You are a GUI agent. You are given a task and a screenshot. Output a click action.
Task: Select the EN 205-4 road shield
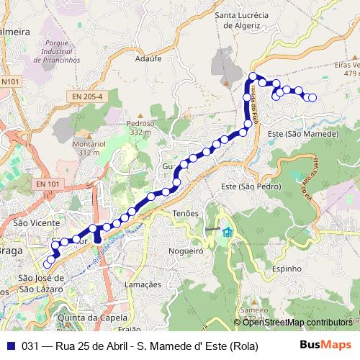coord(87,96)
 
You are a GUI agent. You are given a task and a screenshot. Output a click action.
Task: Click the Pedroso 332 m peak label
coord(140,127)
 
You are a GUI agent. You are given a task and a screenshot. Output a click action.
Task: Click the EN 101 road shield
coord(48,184)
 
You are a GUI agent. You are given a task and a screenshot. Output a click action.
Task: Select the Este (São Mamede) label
coord(302,135)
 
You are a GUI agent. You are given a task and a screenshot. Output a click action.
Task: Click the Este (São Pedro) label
coord(250,186)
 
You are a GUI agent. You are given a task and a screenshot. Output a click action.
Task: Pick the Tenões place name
coord(186,214)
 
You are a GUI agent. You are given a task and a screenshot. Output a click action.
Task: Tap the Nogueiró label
coord(186,251)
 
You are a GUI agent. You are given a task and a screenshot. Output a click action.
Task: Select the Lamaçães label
coord(143,284)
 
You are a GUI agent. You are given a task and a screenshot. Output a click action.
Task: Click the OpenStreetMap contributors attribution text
coord(297,323)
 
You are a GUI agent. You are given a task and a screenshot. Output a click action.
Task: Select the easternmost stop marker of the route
coord(312,98)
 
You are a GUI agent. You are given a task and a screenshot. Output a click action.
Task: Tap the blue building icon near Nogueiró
coord(228,232)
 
